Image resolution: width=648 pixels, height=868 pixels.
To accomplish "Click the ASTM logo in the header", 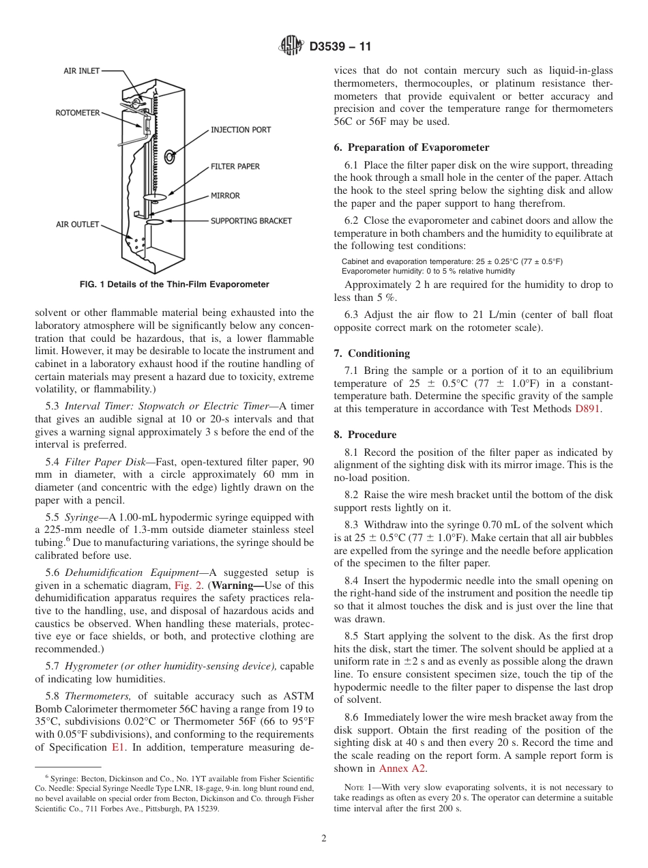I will (x=291, y=46).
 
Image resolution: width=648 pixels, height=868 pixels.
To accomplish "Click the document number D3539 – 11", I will (x=340, y=47).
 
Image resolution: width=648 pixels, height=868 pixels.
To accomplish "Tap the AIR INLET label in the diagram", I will (x=82, y=71).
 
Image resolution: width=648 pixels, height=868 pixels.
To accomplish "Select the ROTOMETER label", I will (x=78, y=113).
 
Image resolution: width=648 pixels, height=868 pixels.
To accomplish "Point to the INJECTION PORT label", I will (x=241, y=130).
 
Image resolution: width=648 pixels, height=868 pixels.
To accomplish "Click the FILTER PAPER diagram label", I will (x=235, y=166).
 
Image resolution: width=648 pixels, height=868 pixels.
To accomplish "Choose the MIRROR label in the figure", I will (x=225, y=196).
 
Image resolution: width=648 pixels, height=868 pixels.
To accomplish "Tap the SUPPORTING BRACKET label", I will (x=251, y=220).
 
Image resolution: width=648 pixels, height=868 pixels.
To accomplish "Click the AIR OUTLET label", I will (x=78, y=224).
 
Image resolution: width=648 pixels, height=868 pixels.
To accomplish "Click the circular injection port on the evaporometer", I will (x=169, y=157).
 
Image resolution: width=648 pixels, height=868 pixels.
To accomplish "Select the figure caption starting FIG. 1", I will (x=174, y=285).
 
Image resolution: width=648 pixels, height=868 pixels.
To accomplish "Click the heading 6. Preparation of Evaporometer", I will (x=411, y=147).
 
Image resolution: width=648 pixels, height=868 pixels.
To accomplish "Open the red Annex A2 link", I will (x=402, y=768).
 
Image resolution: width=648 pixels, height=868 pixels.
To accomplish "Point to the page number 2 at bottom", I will (x=324, y=839).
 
